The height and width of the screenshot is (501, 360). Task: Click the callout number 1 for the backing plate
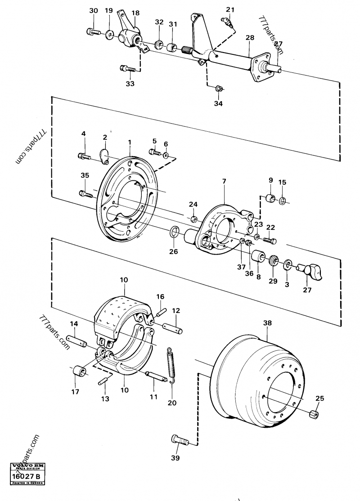(129, 143)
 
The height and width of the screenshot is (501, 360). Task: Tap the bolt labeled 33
(127, 69)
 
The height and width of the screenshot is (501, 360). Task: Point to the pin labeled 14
(75, 340)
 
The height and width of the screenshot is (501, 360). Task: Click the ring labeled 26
(174, 233)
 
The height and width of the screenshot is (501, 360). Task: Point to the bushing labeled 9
(270, 199)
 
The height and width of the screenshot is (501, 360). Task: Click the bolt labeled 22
(269, 241)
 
